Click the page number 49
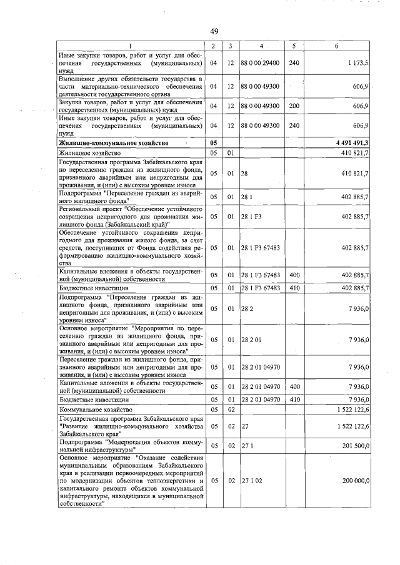(213, 31)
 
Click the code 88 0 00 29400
(262, 64)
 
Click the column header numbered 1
(130, 46)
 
